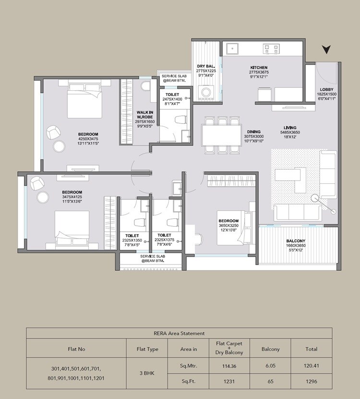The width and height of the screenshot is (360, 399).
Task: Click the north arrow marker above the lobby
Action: [x=327, y=49]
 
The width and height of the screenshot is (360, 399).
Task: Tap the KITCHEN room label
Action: [x=258, y=67]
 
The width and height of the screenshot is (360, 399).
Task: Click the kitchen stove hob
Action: [x=271, y=48]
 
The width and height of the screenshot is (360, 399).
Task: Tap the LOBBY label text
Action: [x=328, y=89]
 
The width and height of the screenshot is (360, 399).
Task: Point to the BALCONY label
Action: [x=296, y=241]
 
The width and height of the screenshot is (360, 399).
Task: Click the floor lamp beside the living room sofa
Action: [x=316, y=197]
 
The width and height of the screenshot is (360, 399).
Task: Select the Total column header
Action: [x=311, y=349]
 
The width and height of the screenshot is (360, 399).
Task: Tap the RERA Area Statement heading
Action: [x=179, y=333]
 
